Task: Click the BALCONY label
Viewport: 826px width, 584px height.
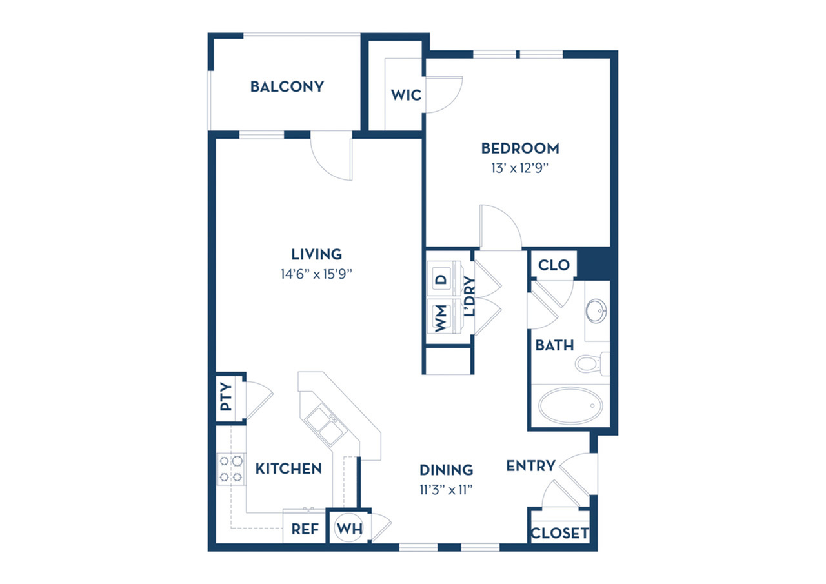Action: tap(287, 86)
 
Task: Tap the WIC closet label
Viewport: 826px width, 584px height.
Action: tap(406, 95)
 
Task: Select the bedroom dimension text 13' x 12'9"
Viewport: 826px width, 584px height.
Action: tap(520, 168)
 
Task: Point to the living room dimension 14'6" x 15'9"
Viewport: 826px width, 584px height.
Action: tap(316, 274)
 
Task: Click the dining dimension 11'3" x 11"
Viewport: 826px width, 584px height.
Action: tap(446, 490)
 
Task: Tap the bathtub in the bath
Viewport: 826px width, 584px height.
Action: tap(570, 405)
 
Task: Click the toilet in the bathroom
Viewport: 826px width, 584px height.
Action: tap(592, 363)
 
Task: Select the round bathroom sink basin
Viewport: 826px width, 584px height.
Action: tap(596, 311)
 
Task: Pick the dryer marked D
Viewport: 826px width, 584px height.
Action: tap(444, 279)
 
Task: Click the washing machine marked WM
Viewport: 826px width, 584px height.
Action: tap(444, 316)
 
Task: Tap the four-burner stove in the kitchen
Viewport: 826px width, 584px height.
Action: tap(231, 469)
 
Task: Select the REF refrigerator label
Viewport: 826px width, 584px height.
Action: tap(305, 529)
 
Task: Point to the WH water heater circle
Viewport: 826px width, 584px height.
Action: tap(350, 529)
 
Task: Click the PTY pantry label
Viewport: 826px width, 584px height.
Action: tap(226, 397)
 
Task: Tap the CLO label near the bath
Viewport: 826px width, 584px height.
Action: tap(554, 265)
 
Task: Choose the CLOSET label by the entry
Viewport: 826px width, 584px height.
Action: tap(559, 533)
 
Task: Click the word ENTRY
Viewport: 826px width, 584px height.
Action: tap(530, 466)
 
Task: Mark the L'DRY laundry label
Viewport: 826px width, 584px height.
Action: tap(469, 296)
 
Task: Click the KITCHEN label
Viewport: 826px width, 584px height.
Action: tap(288, 468)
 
